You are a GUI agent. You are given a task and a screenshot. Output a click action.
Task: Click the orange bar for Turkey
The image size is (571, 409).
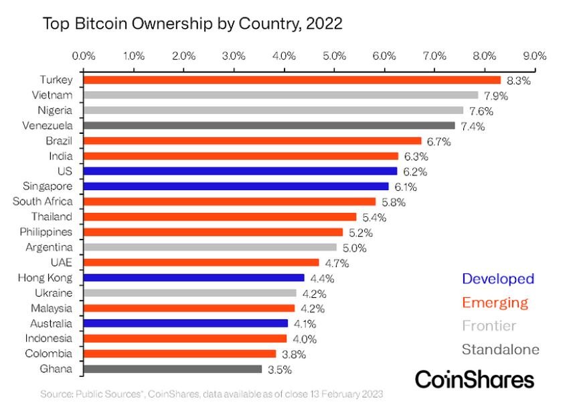pyautogui.click(x=292, y=80)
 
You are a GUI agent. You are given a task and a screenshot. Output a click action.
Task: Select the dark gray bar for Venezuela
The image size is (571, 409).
pyautogui.click(x=269, y=126)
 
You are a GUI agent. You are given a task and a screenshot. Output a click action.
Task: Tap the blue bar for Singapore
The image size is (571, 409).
pyautogui.click(x=236, y=187)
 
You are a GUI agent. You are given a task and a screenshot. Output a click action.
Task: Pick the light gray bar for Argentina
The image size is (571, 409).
pyautogui.click(x=210, y=247)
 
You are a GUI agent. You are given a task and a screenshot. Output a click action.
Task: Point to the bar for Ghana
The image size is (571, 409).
pyautogui.click(x=173, y=369)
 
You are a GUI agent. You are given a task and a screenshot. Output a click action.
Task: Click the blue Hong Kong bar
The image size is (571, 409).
pyautogui.click(x=194, y=278)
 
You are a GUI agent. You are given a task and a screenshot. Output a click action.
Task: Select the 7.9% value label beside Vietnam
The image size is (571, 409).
pyautogui.click(x=495, y=96)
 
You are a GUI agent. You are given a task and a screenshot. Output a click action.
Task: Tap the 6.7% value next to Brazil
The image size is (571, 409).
pyautogui.click(x=439, y=142)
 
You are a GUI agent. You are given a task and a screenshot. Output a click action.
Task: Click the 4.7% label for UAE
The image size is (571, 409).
pyautogui.click(x=337, y=263)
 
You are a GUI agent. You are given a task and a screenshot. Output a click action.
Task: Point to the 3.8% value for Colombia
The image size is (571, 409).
pyautogui.click(x=294, y=354)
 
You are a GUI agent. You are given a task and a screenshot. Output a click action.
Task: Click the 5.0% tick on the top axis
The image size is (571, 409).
pyautogui.click(x=334, y=56)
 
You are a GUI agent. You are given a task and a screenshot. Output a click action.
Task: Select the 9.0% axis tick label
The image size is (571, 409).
pyautogui.click(x=535, y=56)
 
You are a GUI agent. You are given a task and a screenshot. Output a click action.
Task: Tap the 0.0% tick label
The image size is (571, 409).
pyautogui.click(x=84, y=56)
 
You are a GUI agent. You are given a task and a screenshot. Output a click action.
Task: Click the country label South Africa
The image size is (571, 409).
pyautogui.click(x=43, y=201)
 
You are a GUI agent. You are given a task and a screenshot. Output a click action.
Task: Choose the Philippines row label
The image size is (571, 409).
pyautogui.click(x=46, y=232)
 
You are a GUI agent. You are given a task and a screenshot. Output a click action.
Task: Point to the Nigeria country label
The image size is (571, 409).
pyautogui.click(x=55, y=110)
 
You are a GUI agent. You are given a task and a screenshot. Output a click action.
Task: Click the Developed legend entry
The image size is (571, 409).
pyautogui.click(x=498, y=279)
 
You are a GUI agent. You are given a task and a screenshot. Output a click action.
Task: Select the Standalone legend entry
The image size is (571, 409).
pyautogui.click(x=501, y=349)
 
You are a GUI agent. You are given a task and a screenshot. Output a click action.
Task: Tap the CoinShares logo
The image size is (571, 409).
pyautogui.click(x=475, y=379)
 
